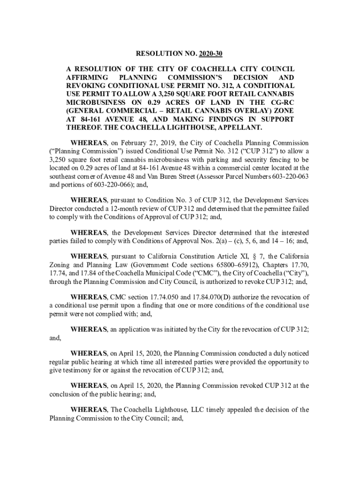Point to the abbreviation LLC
click(x=197, y=410)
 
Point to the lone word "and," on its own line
click(x=55, y=337)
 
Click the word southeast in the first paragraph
click(x=65, y=176)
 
